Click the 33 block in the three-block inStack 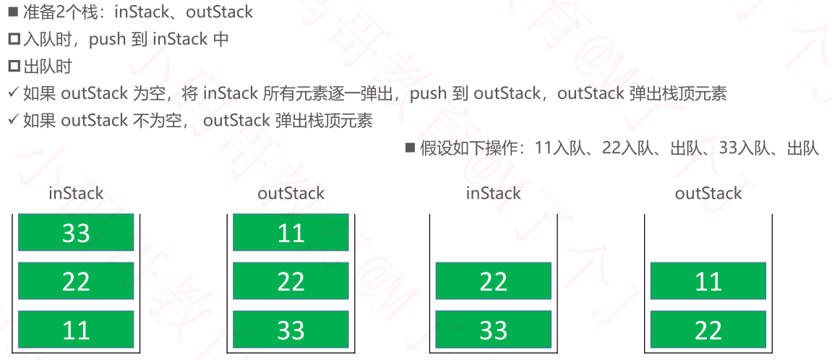(76, 232)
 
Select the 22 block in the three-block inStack (76, 281)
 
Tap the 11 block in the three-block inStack (76, 329)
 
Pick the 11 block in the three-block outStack (291, 232)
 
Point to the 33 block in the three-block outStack (291, 329)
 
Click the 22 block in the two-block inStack (494, 281)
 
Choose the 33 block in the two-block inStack (494, 329)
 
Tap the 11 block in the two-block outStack (708, 281)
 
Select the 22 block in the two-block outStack (708, 329)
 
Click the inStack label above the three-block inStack (76, 193)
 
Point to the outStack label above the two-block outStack (708, 193)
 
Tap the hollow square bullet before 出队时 (14, 67)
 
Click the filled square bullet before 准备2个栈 (14, 12)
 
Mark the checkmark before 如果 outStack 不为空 (14, 121)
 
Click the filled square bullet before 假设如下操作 (410, 147)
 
